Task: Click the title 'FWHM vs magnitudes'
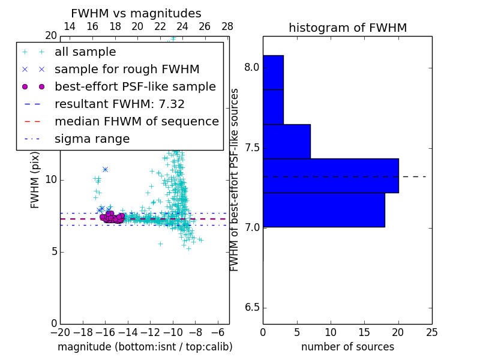coord(136,13)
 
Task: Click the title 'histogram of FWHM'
coord(347,28)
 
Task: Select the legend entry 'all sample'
coord(85,52)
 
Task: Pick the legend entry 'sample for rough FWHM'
coord(127,69)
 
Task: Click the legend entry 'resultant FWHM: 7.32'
coord(119,104)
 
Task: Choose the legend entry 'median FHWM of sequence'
coord(136,121)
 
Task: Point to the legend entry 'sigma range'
coord(92,139)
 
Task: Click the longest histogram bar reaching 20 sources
coord(331,176)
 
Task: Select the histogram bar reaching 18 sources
coord(325,210)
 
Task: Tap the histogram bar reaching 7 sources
coord(286,142)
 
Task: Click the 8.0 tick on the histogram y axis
coord(253,68)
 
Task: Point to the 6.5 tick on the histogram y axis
coord(253,308)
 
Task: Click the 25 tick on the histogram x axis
coord(431,332)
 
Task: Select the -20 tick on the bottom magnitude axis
coord(60,332)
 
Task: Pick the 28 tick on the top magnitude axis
coord(227,26)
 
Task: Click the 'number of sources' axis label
coord(347,347)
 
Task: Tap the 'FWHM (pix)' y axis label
coord(35,179)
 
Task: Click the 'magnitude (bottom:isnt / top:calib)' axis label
coord(145,347)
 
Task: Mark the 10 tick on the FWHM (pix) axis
coord(51,179)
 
